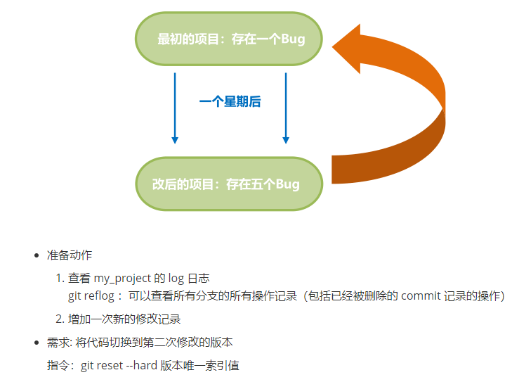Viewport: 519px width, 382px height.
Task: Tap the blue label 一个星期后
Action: pos(230,102)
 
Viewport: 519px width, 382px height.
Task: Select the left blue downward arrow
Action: pos(175,106)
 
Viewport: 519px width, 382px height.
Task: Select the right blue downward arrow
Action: pos(285,106)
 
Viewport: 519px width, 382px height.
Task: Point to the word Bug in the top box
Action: pos(292,39)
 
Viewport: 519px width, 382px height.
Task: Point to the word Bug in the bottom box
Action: pos(287,184)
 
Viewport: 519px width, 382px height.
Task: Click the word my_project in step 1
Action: pos(123,279)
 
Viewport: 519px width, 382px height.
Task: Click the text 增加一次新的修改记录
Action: pos(124,319)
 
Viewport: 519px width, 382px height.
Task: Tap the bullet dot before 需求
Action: pos(37,343)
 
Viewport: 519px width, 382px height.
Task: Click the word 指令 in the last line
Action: pos(58,367)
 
